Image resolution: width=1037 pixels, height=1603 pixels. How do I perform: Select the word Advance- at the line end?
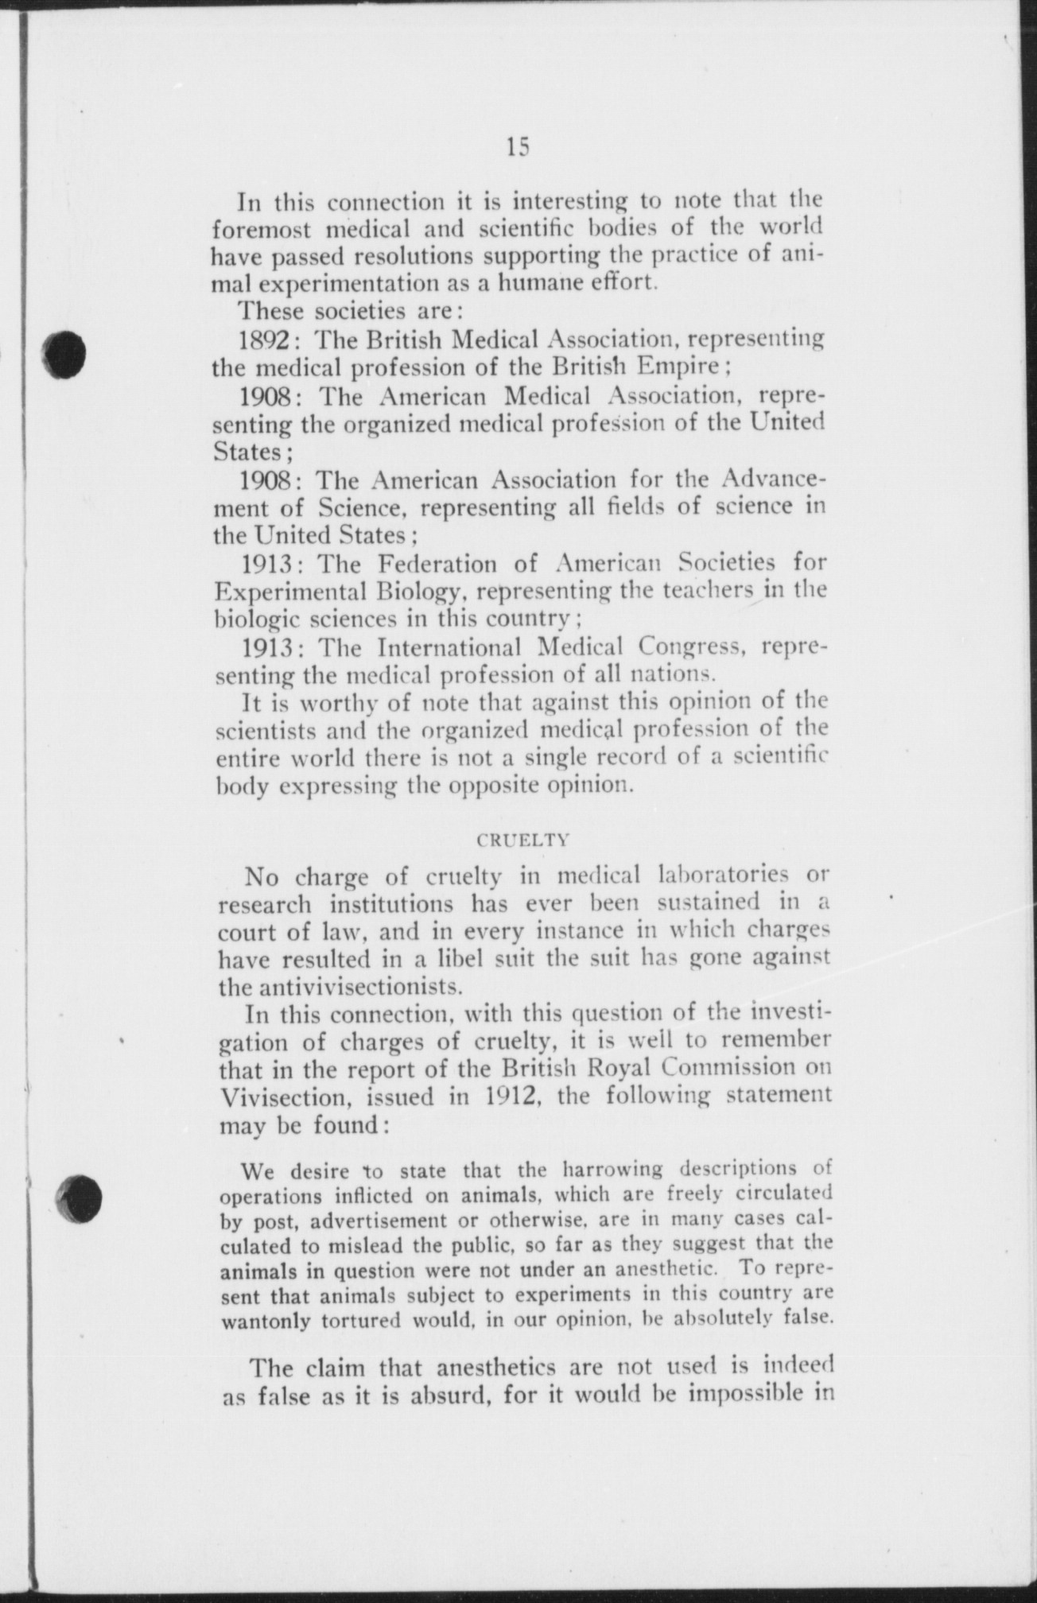[x=772, y=479]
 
